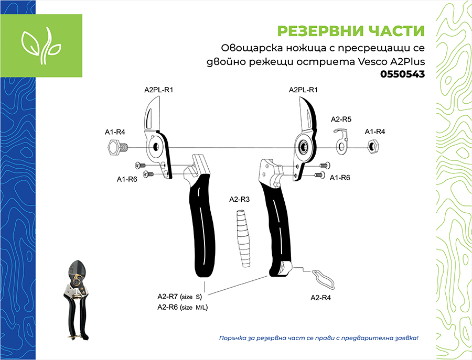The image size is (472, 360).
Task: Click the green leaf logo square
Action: tap(41, 46)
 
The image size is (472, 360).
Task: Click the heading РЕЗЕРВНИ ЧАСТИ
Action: tap(351, 31)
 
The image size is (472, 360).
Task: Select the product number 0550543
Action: tap(402, 74)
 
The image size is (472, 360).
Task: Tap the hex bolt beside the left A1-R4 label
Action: tap(117, 147)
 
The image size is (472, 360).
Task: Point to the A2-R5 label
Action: tap(341, 119)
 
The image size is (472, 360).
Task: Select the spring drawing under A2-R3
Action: tap(243, 239)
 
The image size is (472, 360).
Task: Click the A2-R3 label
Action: tap(239, 200)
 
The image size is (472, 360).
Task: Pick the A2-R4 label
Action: tap(320, 298)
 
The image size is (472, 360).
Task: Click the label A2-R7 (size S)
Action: tap(180, 297)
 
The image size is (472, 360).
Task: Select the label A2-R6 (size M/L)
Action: tap(183, 308)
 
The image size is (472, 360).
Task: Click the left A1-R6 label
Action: tap(127, 180)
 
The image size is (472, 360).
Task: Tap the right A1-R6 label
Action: tap(340, 178)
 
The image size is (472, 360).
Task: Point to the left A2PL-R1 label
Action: tap(158, 90)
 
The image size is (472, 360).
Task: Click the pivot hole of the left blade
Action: tap(156, 147)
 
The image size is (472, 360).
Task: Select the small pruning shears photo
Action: tap(76, 300)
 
